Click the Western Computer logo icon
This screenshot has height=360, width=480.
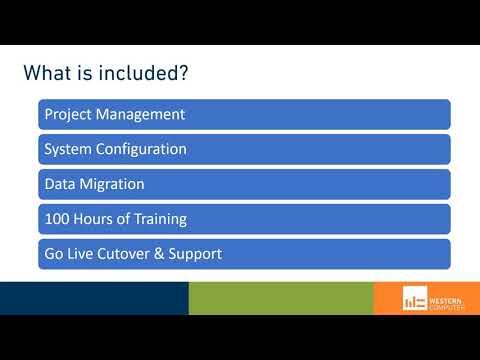414,299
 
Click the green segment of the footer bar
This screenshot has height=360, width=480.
280,298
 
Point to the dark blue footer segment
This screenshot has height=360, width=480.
94,298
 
